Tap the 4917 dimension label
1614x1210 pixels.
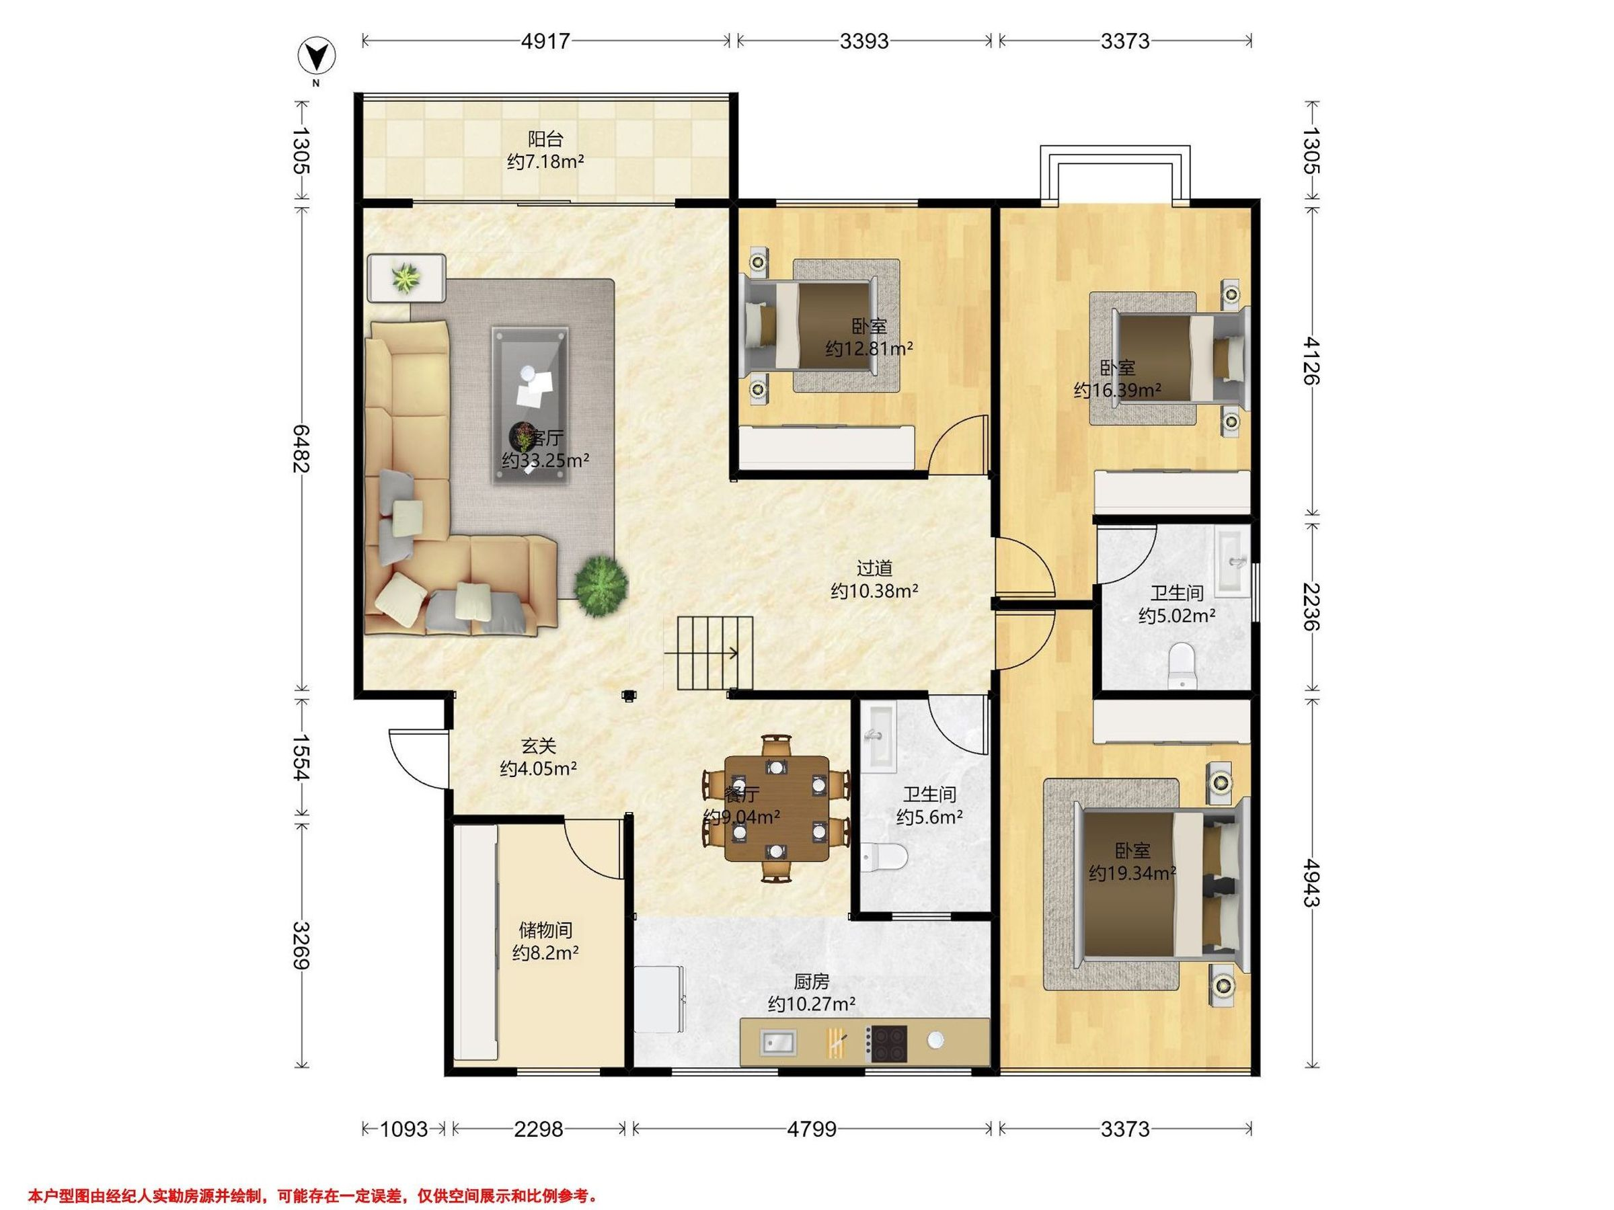(546, 41)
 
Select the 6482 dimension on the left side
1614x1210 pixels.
(301, 448)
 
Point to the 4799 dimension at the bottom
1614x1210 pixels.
(812, 1130)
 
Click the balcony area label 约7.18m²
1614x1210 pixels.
(546, 162)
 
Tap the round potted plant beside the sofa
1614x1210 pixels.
(601, 586)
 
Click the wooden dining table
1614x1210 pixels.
(776, 809)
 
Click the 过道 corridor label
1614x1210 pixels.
(874, 567)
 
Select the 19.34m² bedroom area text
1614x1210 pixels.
(1132, 873)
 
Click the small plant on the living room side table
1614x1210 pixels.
(406, 278)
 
